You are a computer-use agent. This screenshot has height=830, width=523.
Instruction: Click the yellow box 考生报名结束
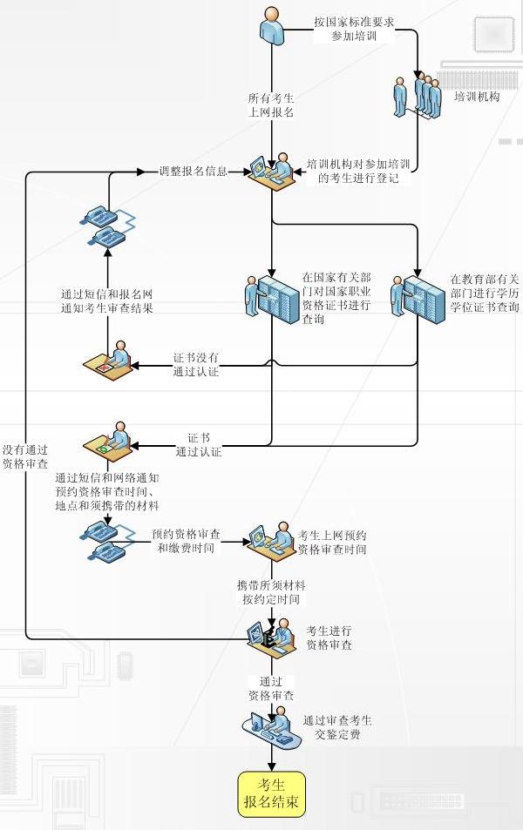pos(273,793)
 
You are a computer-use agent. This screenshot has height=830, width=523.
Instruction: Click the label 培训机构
pos(477,98)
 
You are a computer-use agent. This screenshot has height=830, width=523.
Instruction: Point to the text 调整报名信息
pos(193,172)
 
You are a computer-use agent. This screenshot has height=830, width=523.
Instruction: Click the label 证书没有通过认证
pos(196,365)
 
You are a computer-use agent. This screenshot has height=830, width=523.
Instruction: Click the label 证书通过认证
pos(199,444)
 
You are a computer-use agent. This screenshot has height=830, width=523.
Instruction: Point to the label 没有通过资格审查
pos(24,456)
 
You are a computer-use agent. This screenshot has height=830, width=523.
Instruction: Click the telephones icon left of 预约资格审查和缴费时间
pos(107,543)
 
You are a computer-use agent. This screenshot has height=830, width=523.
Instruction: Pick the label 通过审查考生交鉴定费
pos(337,727)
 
